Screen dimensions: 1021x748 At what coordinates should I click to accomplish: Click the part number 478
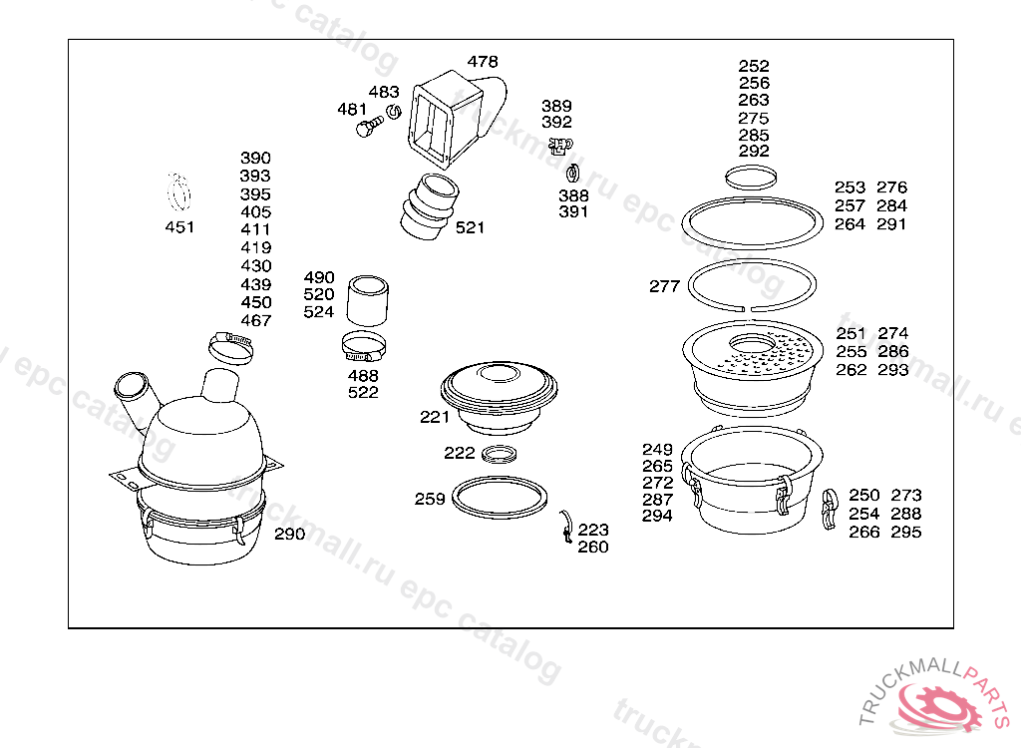click(483, 61)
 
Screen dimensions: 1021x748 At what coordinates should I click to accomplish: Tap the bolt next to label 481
click(369, 127)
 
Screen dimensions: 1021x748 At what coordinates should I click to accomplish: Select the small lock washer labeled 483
click(393, 112)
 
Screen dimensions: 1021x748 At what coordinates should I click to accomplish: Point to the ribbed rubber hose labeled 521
click(429, 206)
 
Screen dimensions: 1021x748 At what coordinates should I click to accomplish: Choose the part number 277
click(664, 286)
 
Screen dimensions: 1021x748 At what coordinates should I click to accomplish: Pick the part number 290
click(289, 534)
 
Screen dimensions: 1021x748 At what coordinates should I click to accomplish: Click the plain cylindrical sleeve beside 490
click(367, 300)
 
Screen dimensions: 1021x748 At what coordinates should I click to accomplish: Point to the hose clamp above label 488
click(363, 346)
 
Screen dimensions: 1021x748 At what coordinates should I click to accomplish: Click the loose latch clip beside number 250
click(829, 509)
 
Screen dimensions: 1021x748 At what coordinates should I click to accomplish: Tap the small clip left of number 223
click(566, 527)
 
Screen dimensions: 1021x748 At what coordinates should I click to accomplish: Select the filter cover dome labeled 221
click(499, 399)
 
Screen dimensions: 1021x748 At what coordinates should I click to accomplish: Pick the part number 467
click(256, 320)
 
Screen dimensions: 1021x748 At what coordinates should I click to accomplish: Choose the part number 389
click(556, 106)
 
